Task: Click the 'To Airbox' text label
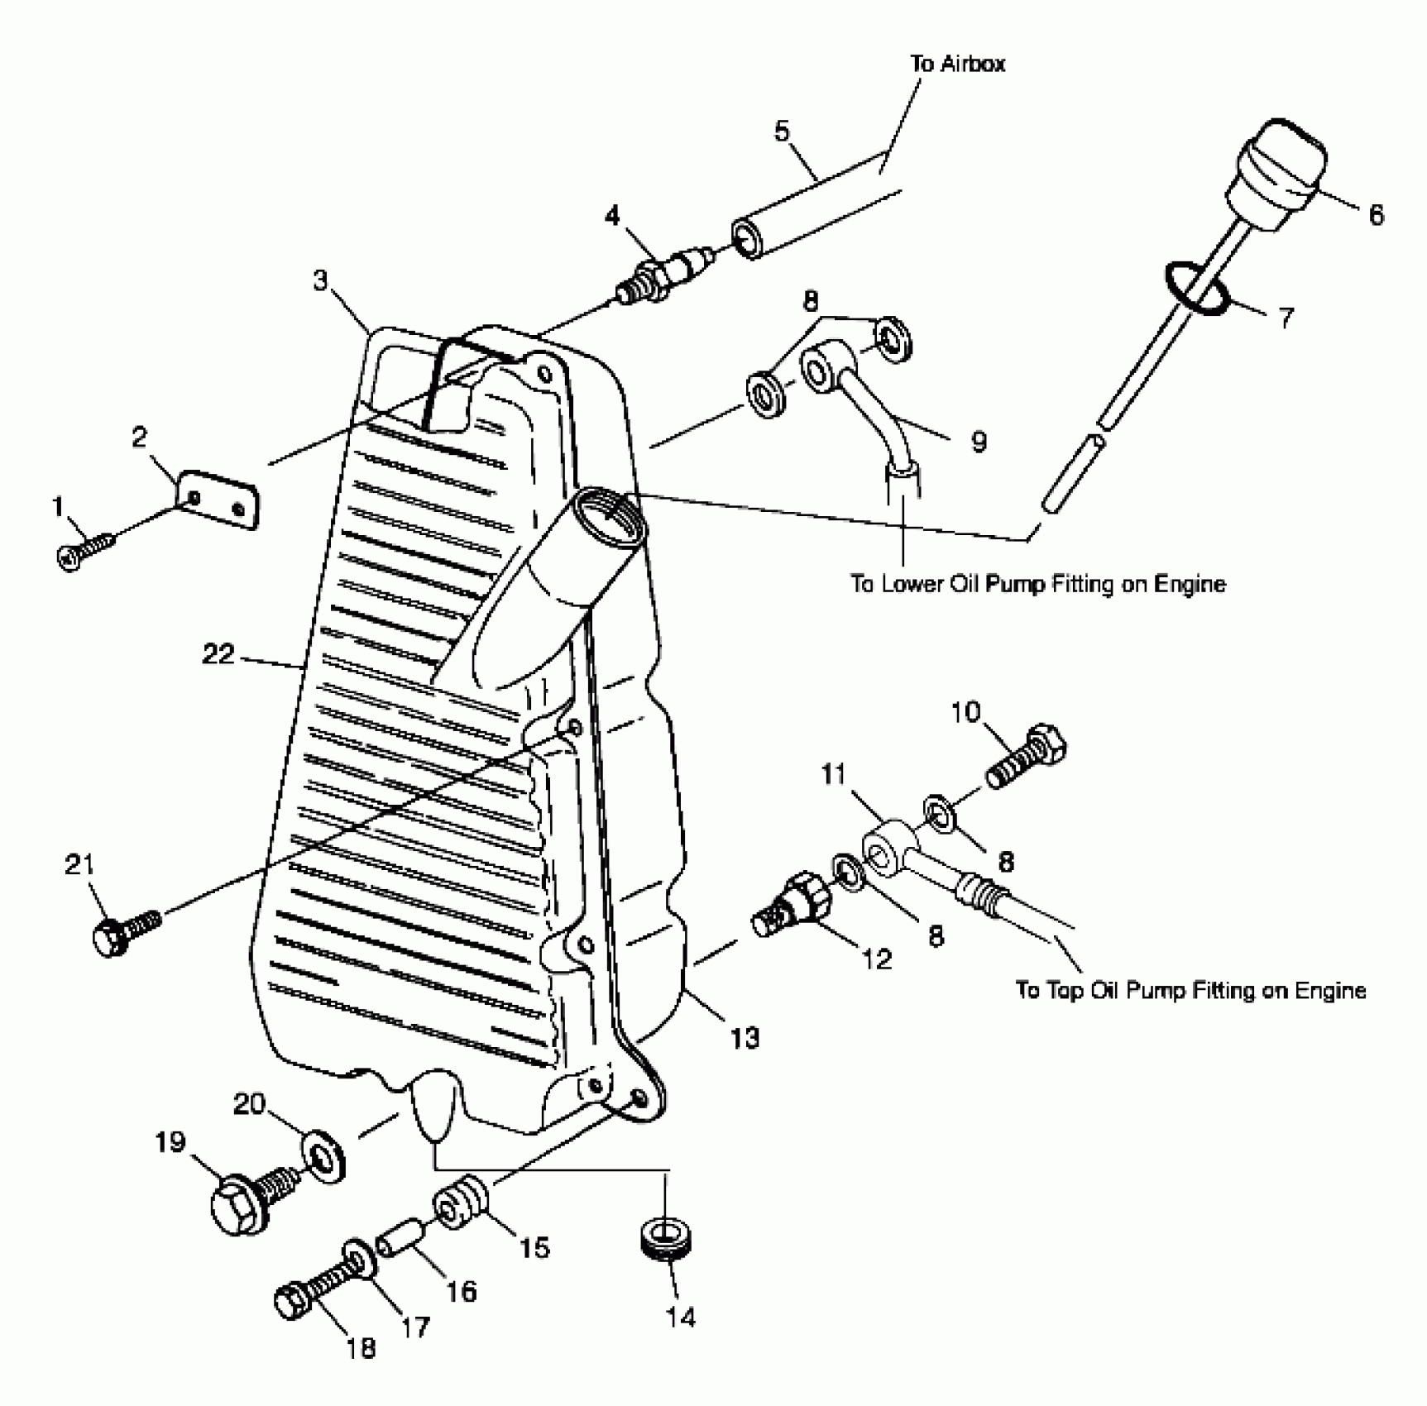[957, 64]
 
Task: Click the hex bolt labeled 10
[1026, 754]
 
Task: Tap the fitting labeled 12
[786, 906]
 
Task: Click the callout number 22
[218, 654]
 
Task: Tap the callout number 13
[744, 1037]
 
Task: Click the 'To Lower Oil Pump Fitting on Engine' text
[1038, 584]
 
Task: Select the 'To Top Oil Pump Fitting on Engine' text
[1190, 990]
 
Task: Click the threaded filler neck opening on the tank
[609, 518]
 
